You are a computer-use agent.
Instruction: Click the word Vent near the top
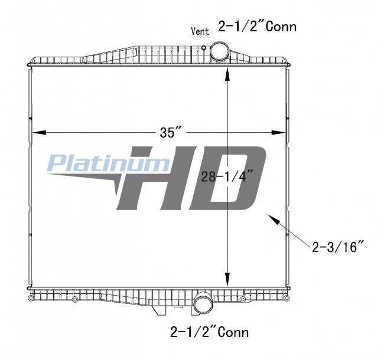tap(200, 31)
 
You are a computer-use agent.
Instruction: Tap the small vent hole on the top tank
tap(203, 48)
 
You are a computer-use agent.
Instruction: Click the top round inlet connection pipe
tap(219, 52)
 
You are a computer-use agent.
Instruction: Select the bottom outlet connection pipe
tap(203, 304)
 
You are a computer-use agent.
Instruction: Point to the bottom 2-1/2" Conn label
tap(209, 332)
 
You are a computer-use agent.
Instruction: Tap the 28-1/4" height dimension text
tap(227, 176)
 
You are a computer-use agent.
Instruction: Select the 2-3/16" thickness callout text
tap(338, 247)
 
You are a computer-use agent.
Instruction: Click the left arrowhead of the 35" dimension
tap(39, 132)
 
